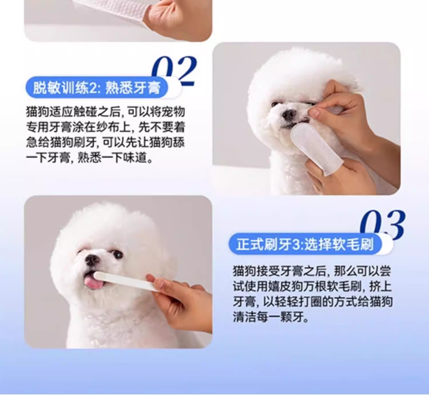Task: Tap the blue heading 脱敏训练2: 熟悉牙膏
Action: click(x=97, y=88)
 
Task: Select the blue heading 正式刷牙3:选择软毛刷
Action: click(x=305, y=245)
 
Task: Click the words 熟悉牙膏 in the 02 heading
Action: click(x=130, y=88)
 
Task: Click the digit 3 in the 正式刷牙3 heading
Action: click(x=297, y=245)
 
